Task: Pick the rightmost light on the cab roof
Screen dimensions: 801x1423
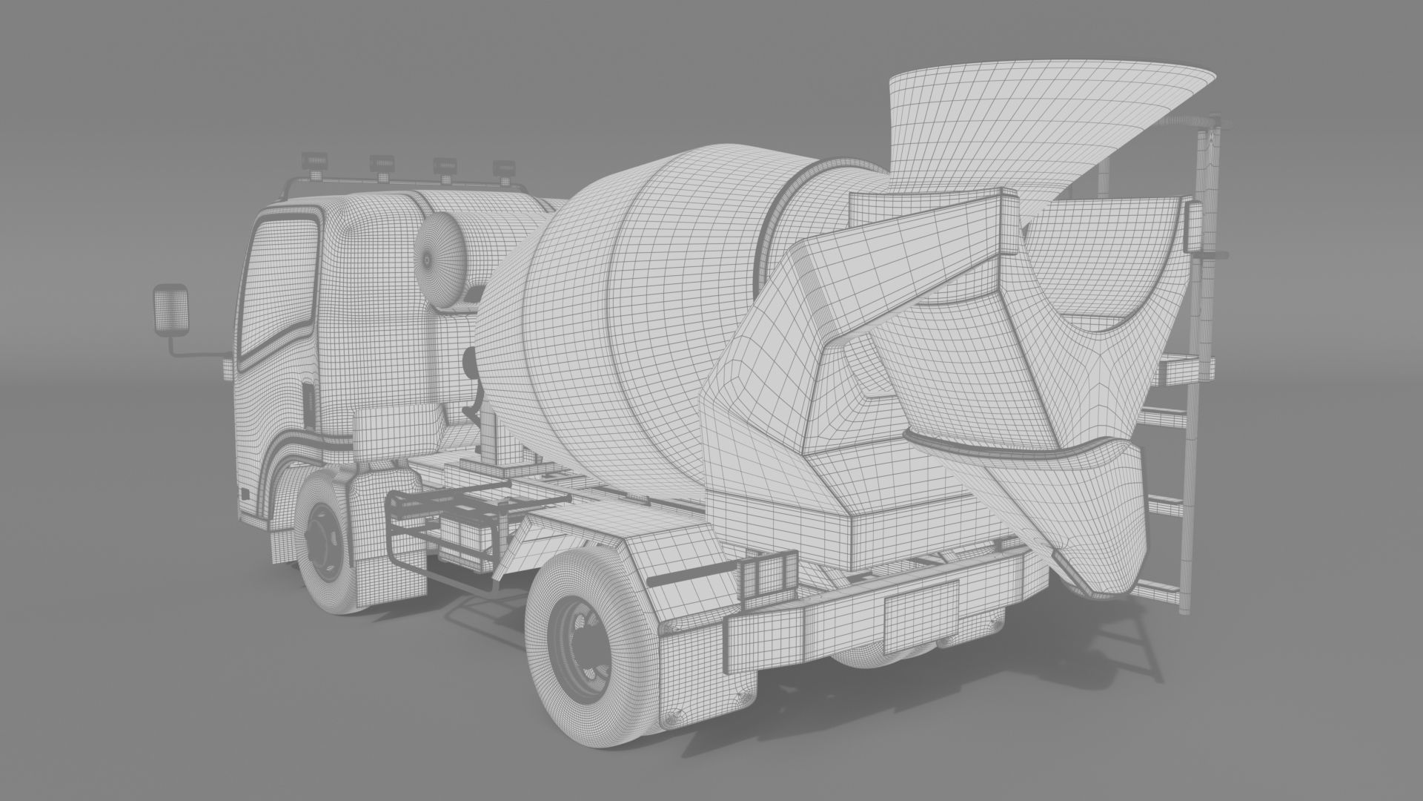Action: (505, 169)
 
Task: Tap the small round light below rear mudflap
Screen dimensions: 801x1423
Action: (671, 719)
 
